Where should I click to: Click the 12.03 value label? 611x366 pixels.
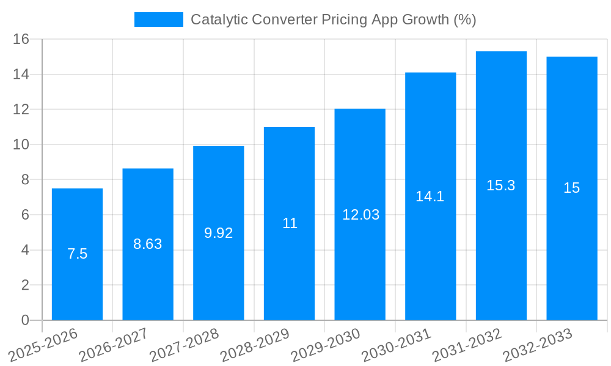click(360, 215)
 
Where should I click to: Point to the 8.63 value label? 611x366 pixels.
click(148, 244)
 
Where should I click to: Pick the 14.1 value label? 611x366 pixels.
click(430, 196)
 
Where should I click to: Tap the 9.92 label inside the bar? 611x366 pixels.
click(218, 233)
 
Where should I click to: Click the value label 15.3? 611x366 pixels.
click(501, 186)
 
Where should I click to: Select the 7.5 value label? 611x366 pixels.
click(77, 254)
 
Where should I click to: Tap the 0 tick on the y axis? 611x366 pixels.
click(25, 320)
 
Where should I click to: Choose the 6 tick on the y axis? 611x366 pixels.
click(25, 215)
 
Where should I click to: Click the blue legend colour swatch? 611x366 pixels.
click(158, 20)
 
